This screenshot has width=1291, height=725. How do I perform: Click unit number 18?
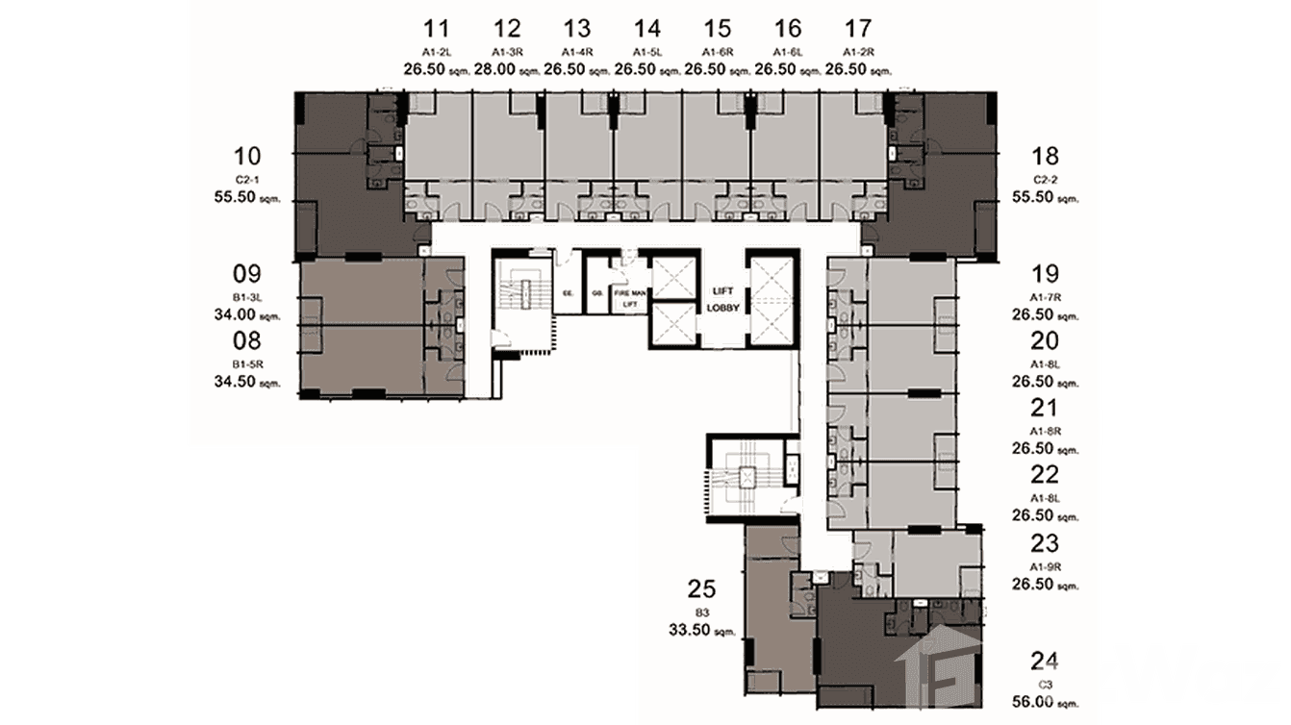point(1045,157)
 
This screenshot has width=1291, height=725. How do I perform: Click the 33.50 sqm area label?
point(702,630)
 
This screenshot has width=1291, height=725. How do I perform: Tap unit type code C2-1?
point(247,179)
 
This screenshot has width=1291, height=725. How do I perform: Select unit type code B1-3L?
point(247,296)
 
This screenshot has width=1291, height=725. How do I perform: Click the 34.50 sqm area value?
point(247,382)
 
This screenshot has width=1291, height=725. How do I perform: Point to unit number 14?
point(647,28)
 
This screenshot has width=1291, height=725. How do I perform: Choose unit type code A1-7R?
point(1045,296)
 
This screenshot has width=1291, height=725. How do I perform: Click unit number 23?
point(1045,542)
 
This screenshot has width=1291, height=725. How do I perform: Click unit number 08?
point(247,340)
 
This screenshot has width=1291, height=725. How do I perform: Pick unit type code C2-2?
point(1045,179)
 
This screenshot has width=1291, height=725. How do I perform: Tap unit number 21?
point(1045,408)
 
